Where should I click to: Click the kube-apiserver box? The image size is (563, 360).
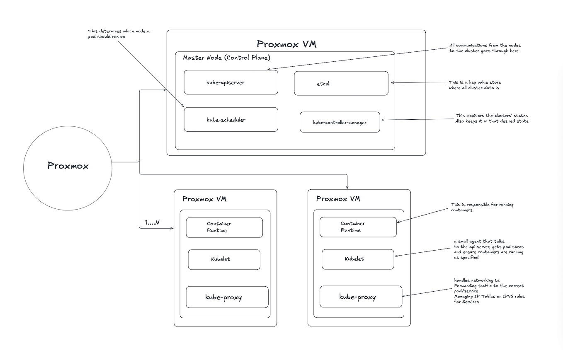(231, 82)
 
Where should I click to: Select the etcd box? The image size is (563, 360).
(341, 83)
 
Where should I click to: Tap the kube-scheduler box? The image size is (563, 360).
(231, 120)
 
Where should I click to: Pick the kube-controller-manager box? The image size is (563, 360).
(340, 122)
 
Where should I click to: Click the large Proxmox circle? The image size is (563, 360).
(68, 166)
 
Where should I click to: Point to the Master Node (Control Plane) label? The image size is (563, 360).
(226, 58)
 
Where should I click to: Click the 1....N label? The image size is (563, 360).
(152, 222)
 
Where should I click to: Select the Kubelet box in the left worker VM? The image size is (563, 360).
(224, 259)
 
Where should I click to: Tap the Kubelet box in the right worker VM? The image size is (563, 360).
(358, 259)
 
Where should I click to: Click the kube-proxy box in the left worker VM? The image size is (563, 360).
(227, 297)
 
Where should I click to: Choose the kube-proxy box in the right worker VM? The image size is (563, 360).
(361, 297)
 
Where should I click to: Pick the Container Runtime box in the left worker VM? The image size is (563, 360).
(224, 227)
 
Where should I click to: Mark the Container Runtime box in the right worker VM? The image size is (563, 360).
(358, 227)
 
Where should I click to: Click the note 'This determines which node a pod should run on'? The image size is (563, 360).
(119, 34)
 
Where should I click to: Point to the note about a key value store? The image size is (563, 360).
(475, 85)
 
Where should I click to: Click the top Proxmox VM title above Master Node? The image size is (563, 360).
(286, 44)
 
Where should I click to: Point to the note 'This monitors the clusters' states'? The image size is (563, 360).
(492, 118)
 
